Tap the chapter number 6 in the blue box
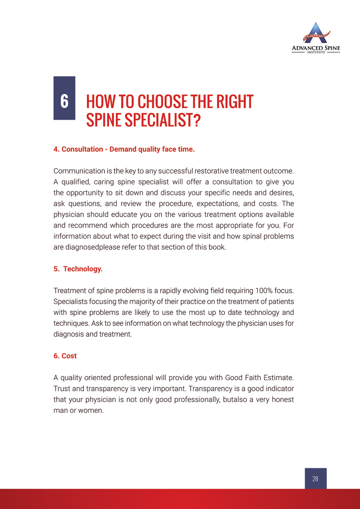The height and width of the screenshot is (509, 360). click(x=64, y=101)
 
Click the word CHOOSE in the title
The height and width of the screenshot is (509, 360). click(x=160, y=102)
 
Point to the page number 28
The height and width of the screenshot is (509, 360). click(x=315, y=479)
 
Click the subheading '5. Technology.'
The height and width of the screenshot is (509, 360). click(x=78, y=269)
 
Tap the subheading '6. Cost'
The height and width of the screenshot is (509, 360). click(x=65, y=356)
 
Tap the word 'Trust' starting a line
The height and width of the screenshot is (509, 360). click(x=62, y=388)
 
